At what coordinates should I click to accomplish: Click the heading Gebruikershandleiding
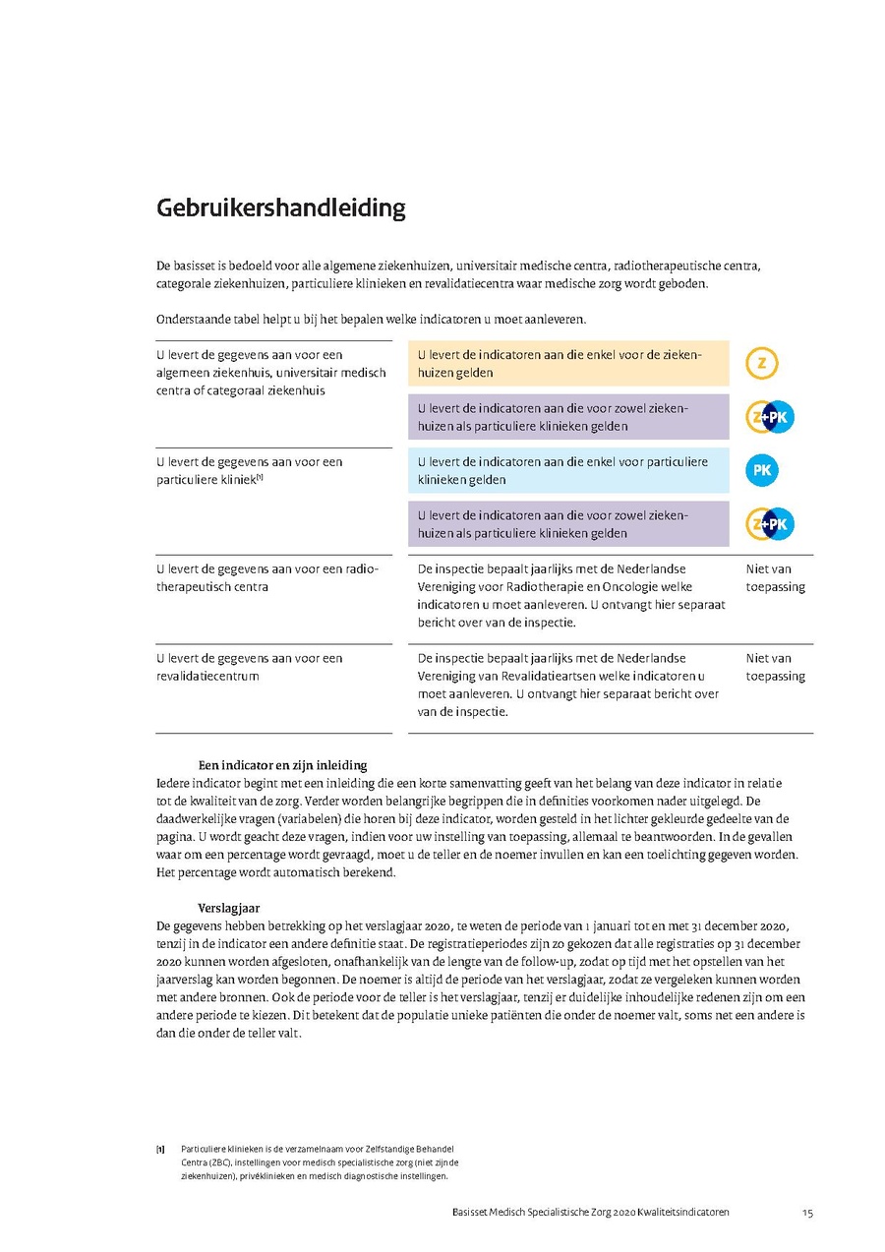(x=280, y=209)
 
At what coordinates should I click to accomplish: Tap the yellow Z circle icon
(x=762, y=364)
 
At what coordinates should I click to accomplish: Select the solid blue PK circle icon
(x=762, y=471)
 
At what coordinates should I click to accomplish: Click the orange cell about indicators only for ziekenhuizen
(x=567, y=364)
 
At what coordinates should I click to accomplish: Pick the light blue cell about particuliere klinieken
(x=567, y=471)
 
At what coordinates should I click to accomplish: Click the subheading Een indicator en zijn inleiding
(x=282, y=765)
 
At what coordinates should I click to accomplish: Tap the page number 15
(x=807, y=1213)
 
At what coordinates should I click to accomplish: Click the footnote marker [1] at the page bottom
(x=160, y=1149)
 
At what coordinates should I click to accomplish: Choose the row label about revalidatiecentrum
(x=250, y=667)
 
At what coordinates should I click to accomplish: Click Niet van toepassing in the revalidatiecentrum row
(x=775, y=667)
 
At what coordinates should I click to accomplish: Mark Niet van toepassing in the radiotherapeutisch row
(x=775, y=577)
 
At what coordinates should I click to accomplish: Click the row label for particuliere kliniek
(x=250, y=470)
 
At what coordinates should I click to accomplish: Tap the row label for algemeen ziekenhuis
(x=271, y=373)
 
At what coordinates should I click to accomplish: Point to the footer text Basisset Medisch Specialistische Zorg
(x=584, y=1213)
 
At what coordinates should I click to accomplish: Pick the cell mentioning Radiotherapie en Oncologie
(x=571, y=595)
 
